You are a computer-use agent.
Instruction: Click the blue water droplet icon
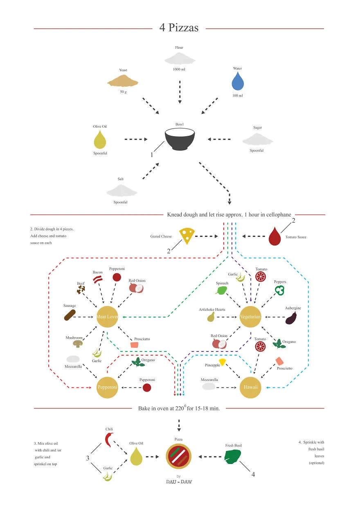pyautogui.click(x=238, y=81)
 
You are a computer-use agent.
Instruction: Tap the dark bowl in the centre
pyautogui.click(x=180, y=139)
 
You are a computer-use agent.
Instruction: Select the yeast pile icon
pyautogui.click(x=123, y=81)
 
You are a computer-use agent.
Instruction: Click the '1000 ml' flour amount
pyautogui.click(x=179, y=69)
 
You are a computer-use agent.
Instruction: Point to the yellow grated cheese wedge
pyautogui.click(x=187, y=236)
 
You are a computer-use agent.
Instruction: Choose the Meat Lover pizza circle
pyautogui.click(x=107, y=317)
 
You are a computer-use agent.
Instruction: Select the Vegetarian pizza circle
pyautogui.click(x=250, y=317)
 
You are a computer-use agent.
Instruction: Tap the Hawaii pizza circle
pyautogui.click(x=250, y=387)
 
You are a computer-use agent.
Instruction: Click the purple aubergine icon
pyautogui.click(x=291, y=318)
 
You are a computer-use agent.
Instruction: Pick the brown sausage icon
pyautogui.click(x=70, y=315)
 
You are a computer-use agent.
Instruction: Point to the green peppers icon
pyautogui.click(x=279, y=290)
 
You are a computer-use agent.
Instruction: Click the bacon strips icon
pyautogui.click(x=98, y=279)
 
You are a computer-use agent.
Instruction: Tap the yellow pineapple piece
pyautogui.click(x=223, y=362)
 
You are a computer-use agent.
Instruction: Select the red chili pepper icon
pyautogui.click(x=109, y=440)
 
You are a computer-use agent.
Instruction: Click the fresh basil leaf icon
pyautogui.click(x=232, y=457)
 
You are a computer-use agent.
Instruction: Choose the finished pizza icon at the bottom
pyautogui.click(x=178, y=456)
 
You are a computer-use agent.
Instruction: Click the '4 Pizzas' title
pyautogui.click(x=179, y=28)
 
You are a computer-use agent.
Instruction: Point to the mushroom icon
pyautogui.click(x=78, y=344)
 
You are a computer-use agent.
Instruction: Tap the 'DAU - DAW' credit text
pyautogui.click(x=179, y=482)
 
